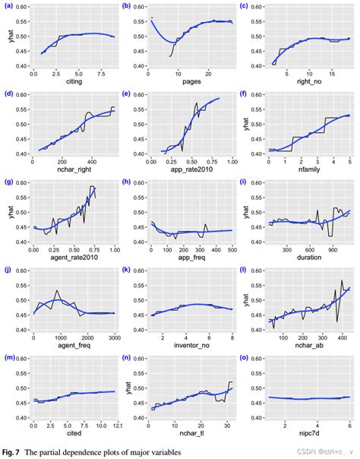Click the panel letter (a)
8,7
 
